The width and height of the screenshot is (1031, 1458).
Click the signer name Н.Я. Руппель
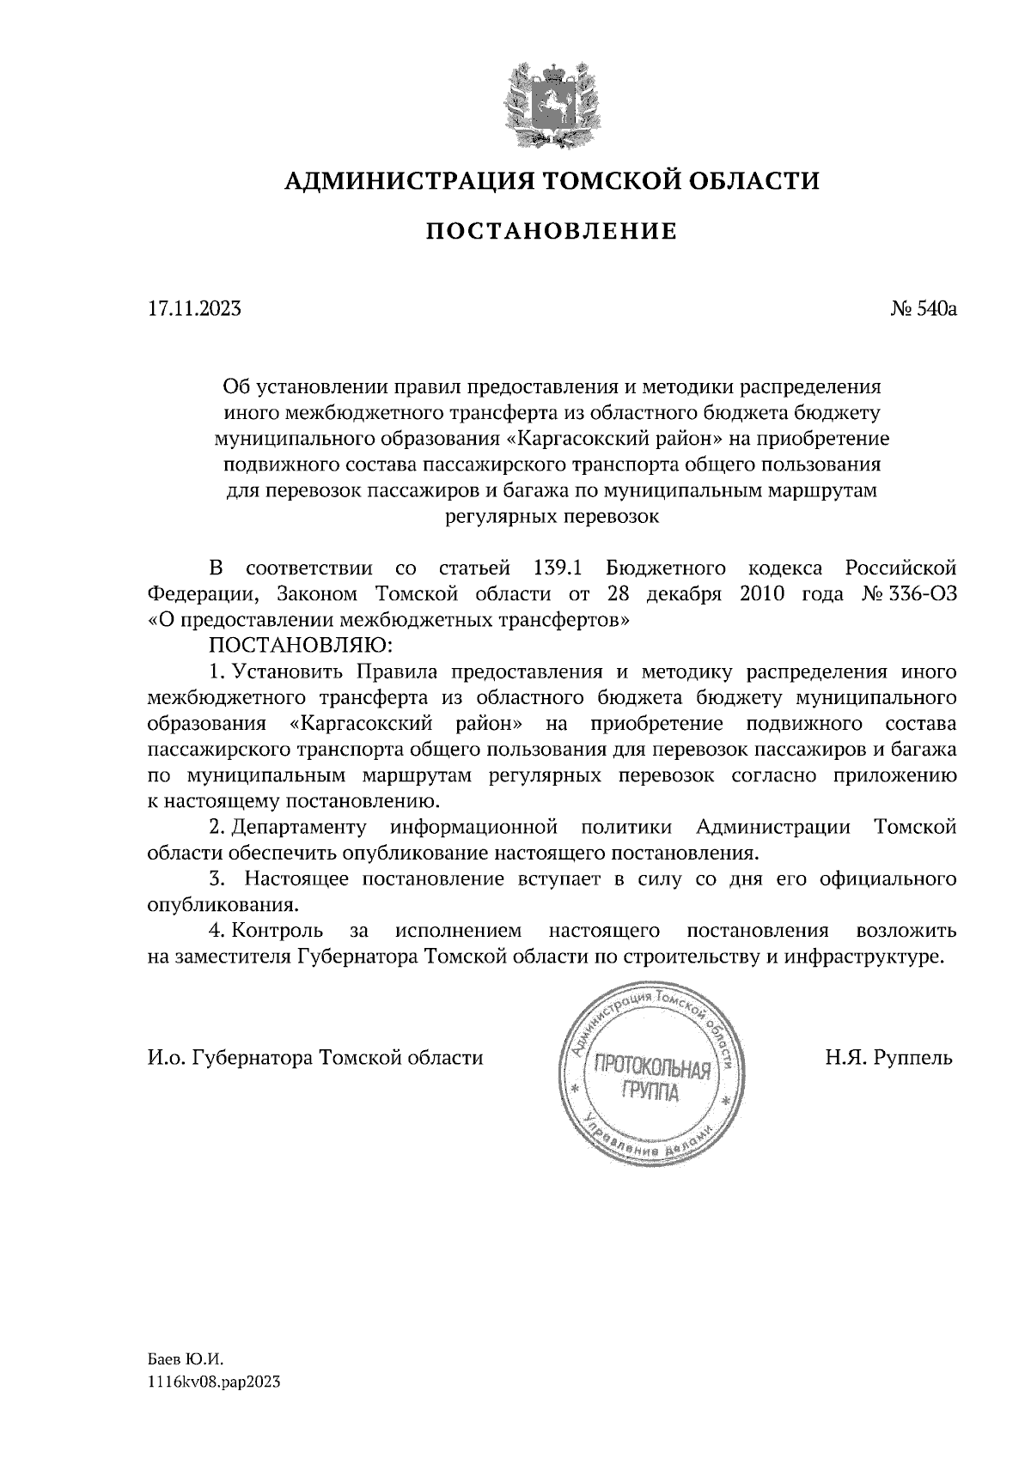click(x=890, y=1058)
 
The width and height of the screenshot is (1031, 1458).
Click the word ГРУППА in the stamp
click(x=650, y=1093)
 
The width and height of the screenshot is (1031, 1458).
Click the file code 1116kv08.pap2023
click(x=214, y=1382)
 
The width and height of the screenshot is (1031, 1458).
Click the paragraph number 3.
click(x=217, y=879)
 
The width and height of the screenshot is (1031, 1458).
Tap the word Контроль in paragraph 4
click(x=277, y=931)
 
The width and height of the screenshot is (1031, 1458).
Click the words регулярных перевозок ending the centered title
click(x=552, y=517)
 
